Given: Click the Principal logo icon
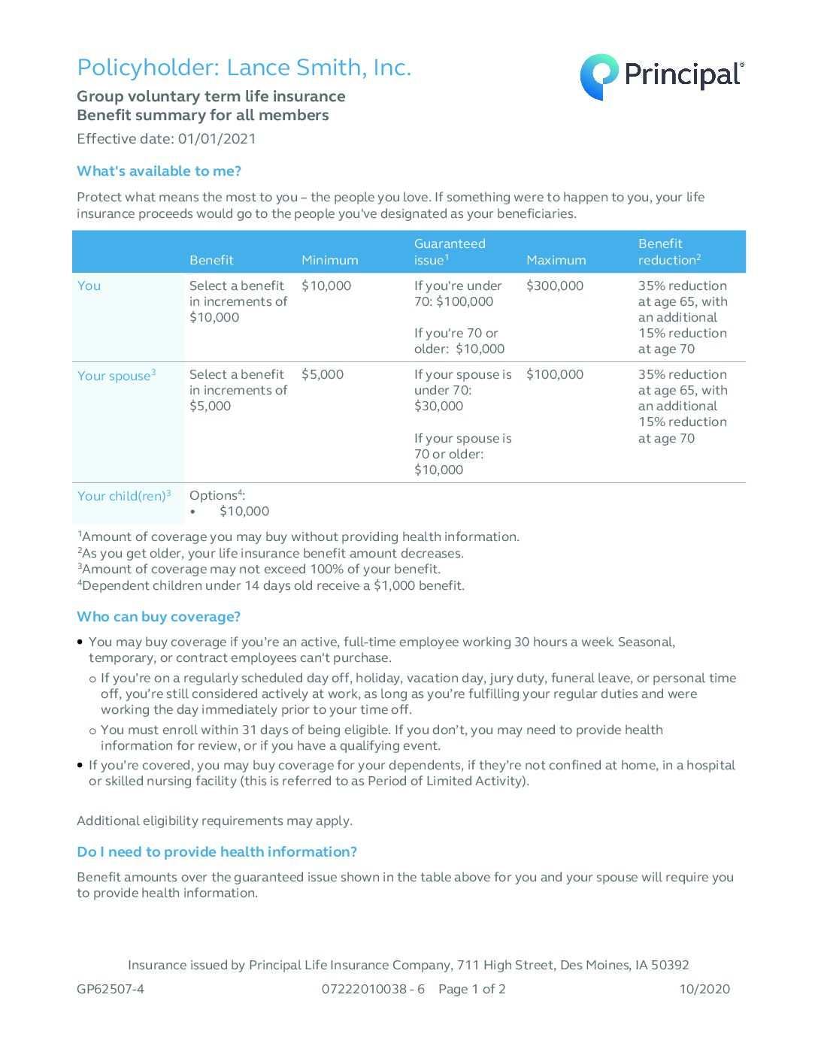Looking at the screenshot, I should [x=598, y=76].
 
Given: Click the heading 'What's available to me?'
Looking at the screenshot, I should [x=159, y=171].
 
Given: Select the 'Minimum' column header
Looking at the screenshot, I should [x=329, y=260].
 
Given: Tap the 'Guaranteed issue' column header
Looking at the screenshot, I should [x=449, y=252].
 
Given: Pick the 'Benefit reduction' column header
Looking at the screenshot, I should [x=668, y=252].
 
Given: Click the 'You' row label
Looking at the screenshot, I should [x=89, y=286].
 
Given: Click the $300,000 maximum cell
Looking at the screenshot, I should [x=555, y=286].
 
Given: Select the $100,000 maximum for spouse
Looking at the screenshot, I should [x=555, y=374].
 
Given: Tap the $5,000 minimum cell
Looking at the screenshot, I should [x=323, y=374].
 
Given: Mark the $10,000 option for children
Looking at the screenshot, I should [x=244, y=511].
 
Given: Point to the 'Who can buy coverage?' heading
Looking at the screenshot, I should [x=159, y=617].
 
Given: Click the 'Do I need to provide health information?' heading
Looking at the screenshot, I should [x=217, y=852].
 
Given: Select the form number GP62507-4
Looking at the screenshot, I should [x=111, y=989].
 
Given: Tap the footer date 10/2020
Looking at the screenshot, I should [x=704, y=989].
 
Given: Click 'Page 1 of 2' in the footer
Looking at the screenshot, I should [x=471, y=989].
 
